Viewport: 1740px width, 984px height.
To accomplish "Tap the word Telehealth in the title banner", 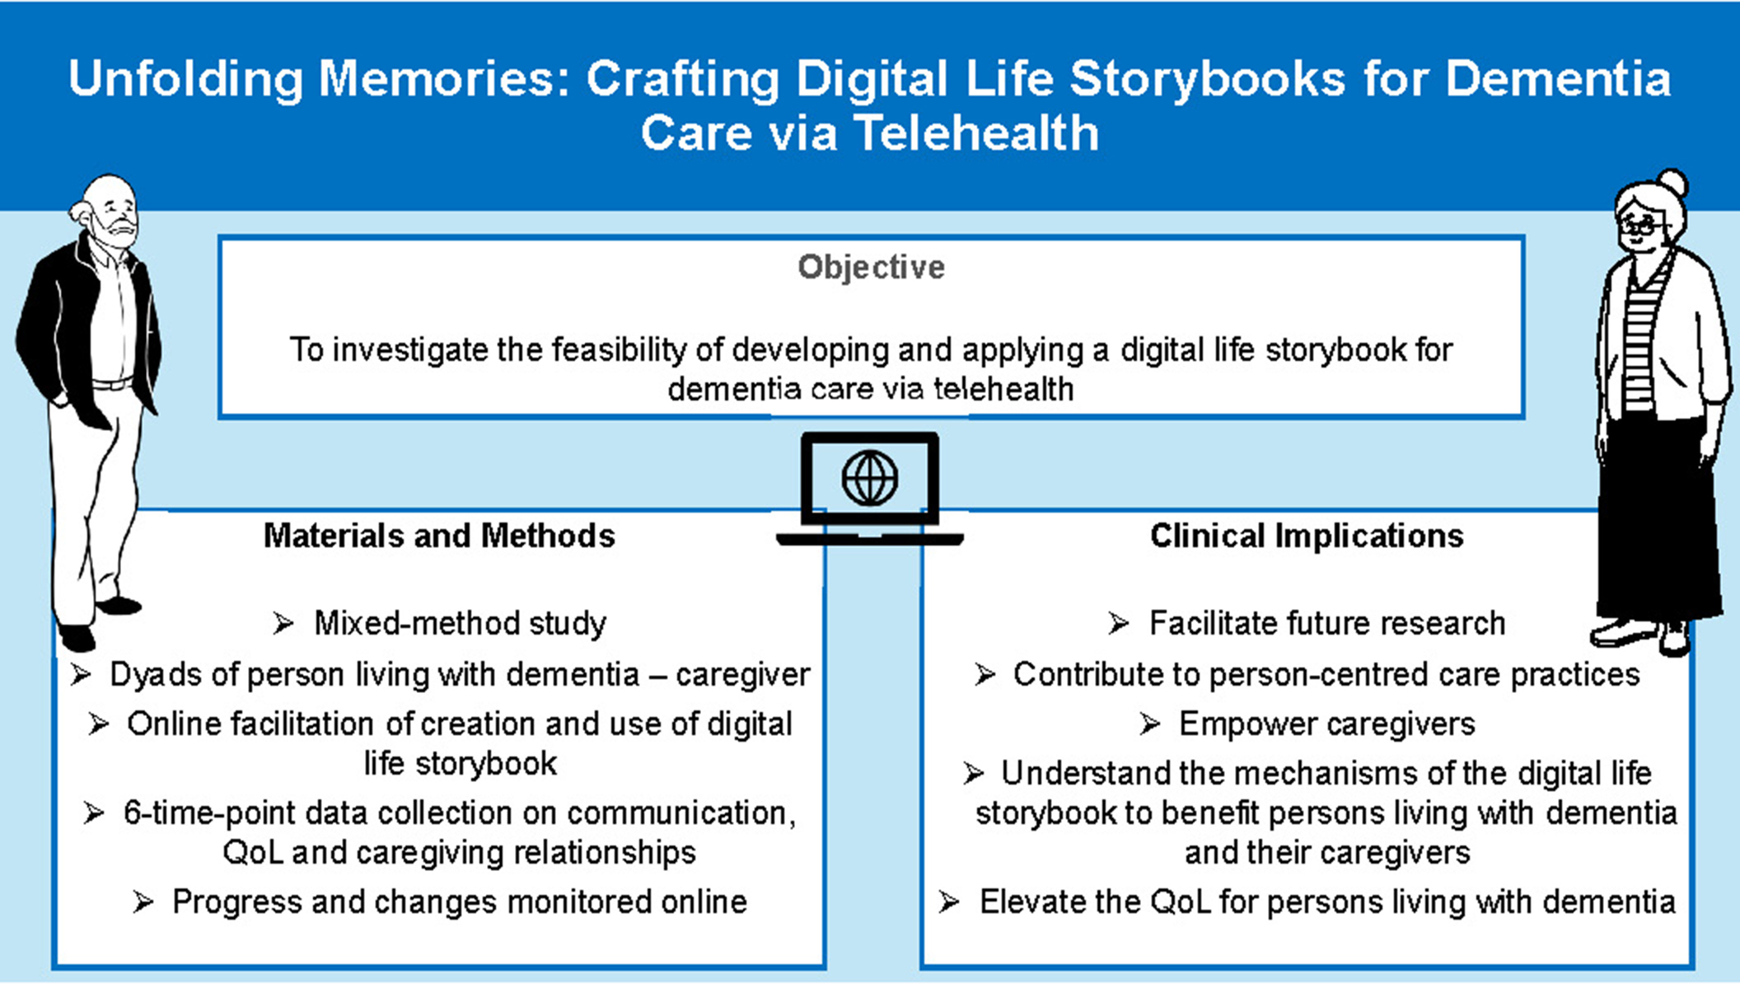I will pos(977,134).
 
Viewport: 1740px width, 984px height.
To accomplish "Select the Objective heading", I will pos(871,267).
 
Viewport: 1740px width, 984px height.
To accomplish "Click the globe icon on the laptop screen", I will pos(870,478).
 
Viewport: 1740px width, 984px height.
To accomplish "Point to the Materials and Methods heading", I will pos(439,536).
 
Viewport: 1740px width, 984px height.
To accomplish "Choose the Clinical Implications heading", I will pos(1307,536).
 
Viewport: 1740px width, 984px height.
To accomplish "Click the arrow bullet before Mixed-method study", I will pos(283,624).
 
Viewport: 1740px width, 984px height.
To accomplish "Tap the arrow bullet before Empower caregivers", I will pos(1150,724).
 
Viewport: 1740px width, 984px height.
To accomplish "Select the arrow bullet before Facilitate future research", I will pos(1119,624).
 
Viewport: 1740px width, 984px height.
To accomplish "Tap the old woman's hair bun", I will pos(1674,182).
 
